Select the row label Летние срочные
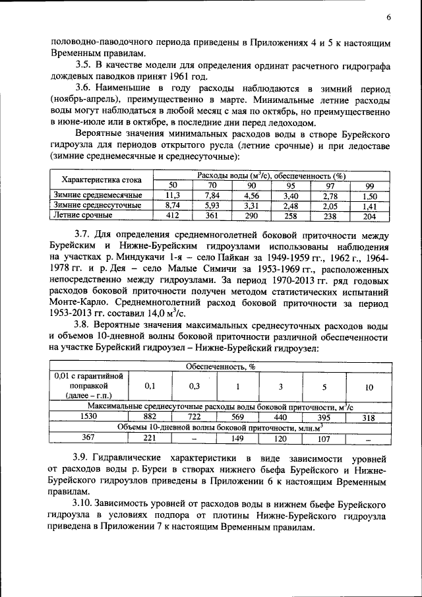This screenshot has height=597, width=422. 83,215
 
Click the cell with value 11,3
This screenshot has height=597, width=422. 173,196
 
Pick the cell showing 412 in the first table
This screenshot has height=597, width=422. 173,215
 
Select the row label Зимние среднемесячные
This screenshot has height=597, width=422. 98,196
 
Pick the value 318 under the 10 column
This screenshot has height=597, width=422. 369,417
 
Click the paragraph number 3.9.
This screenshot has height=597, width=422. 82,457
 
